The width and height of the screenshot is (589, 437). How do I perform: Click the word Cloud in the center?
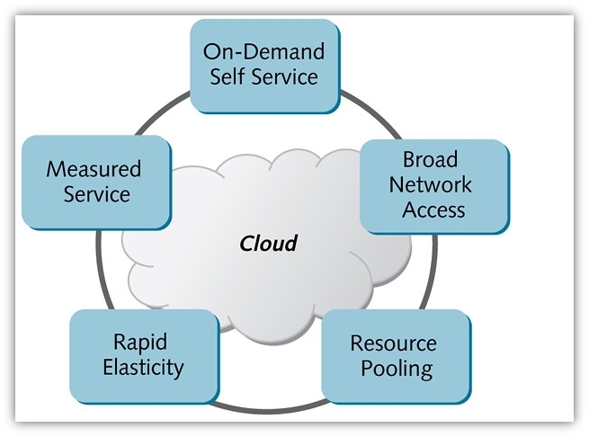[268, 244]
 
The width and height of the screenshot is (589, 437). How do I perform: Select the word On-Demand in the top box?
[263, 50]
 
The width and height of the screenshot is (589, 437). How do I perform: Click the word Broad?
[431, 160]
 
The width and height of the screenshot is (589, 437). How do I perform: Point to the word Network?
[432, 185]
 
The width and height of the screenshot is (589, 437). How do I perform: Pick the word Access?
[433, 210]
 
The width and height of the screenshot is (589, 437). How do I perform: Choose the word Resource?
[394, 343]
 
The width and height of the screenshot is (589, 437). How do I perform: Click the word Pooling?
[397, 368]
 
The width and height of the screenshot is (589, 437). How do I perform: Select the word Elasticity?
[143, 366]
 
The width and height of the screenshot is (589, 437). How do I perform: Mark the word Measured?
[94, 169]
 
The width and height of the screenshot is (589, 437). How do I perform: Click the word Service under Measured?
[96, 193]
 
